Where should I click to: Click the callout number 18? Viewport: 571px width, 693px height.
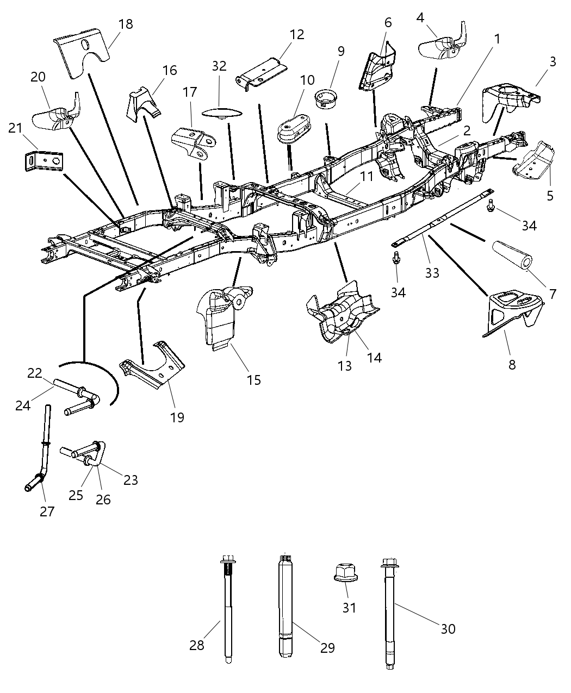125,24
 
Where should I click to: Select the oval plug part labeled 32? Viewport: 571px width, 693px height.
220,113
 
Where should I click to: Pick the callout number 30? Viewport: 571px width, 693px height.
448,629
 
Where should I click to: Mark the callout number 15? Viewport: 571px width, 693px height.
254,379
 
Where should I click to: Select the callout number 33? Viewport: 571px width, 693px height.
432,273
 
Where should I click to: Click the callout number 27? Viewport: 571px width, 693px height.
47,511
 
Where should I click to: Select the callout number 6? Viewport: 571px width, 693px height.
388,22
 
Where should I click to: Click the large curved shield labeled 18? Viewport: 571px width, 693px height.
82,57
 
